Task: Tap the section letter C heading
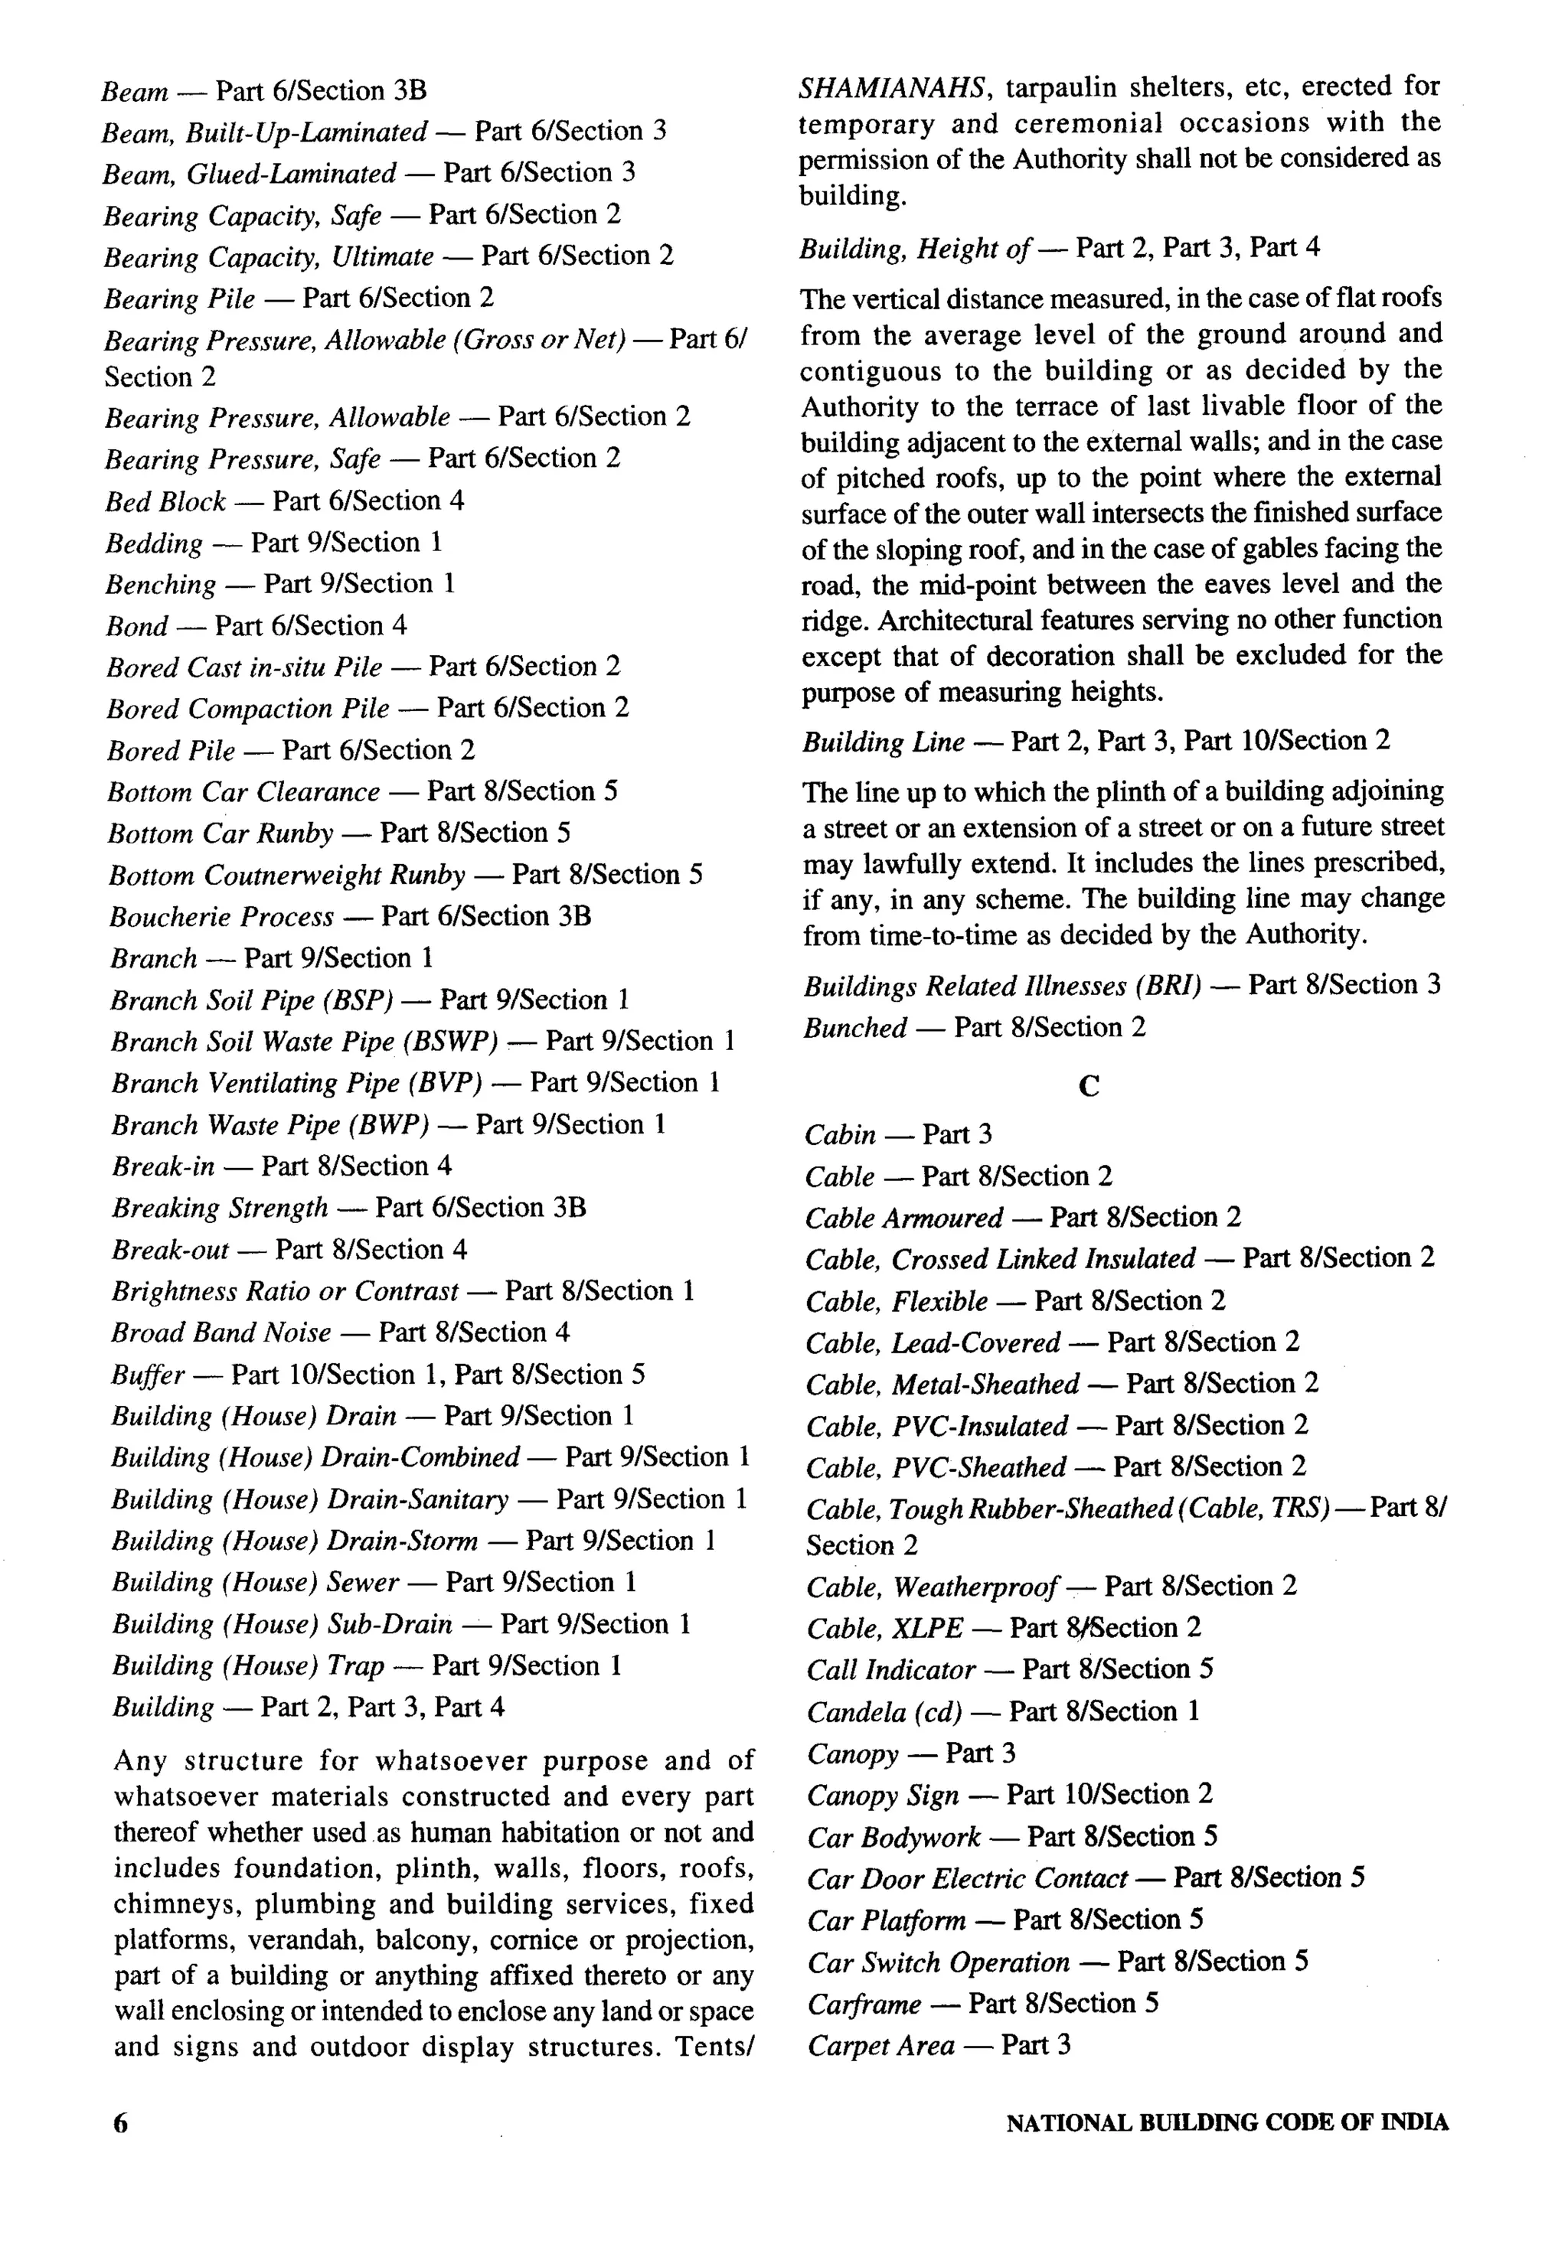1089,1086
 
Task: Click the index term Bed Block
166,501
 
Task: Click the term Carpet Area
880,2046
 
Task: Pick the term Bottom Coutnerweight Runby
287,876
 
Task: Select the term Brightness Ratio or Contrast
284,1292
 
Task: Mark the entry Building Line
884,742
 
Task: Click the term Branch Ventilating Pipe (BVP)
297,1084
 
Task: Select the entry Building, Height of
915,249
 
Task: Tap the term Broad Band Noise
221,1333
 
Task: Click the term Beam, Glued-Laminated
250,174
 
